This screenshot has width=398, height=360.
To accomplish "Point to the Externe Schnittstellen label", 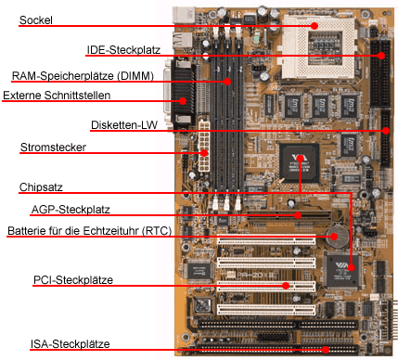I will click(x=58, y=96).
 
